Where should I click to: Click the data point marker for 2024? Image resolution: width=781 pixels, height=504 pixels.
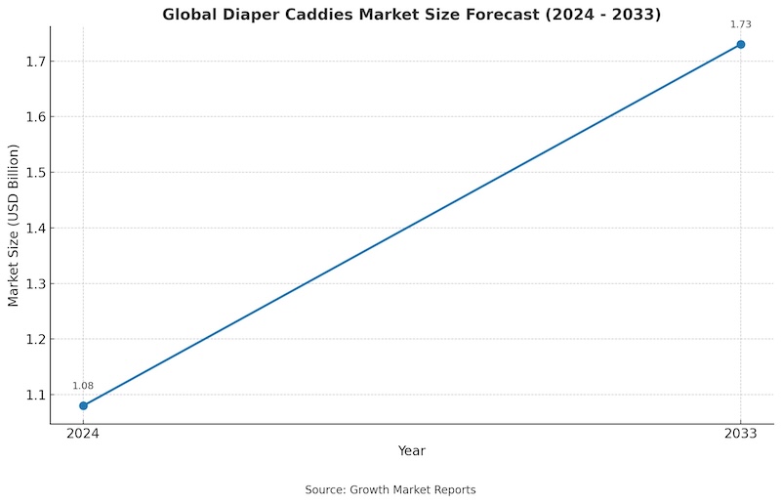click(x=83, y=405)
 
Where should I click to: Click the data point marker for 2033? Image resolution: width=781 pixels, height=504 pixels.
click(x=741, y=44)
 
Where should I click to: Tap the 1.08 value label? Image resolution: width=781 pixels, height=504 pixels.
click(x=83, y=386)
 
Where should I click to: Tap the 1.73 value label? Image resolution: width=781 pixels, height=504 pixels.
click(x=741, y=24)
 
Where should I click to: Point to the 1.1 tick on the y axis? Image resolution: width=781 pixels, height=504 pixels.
click(x=34, y=395)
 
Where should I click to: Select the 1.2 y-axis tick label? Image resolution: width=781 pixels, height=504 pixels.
click(x=34, y=339)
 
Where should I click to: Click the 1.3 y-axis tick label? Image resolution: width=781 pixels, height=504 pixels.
click(x=34, y=284)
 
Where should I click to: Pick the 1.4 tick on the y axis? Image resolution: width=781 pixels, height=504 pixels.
click(x=34, y=229)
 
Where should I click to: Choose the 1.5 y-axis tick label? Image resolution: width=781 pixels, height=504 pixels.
click(x=34, y=173)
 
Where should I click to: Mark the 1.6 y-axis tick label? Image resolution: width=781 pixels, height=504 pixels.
click(x=34, y=117)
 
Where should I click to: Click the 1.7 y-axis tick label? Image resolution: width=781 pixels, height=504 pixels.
click(x=34, y=62)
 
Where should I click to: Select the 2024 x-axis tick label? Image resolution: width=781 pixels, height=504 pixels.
click(x=83, y=435)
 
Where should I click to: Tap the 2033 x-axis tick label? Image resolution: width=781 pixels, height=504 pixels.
click(x=741, y=435)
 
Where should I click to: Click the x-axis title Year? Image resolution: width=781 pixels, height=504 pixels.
click(x=412, y=451)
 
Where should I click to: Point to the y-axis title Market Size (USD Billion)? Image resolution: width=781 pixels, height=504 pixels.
click(x=14, y=226)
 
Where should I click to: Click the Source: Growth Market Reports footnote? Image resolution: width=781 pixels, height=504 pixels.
click(x=390, y=489)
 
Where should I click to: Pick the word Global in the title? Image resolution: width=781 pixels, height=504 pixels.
click(x=190, y=15)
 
